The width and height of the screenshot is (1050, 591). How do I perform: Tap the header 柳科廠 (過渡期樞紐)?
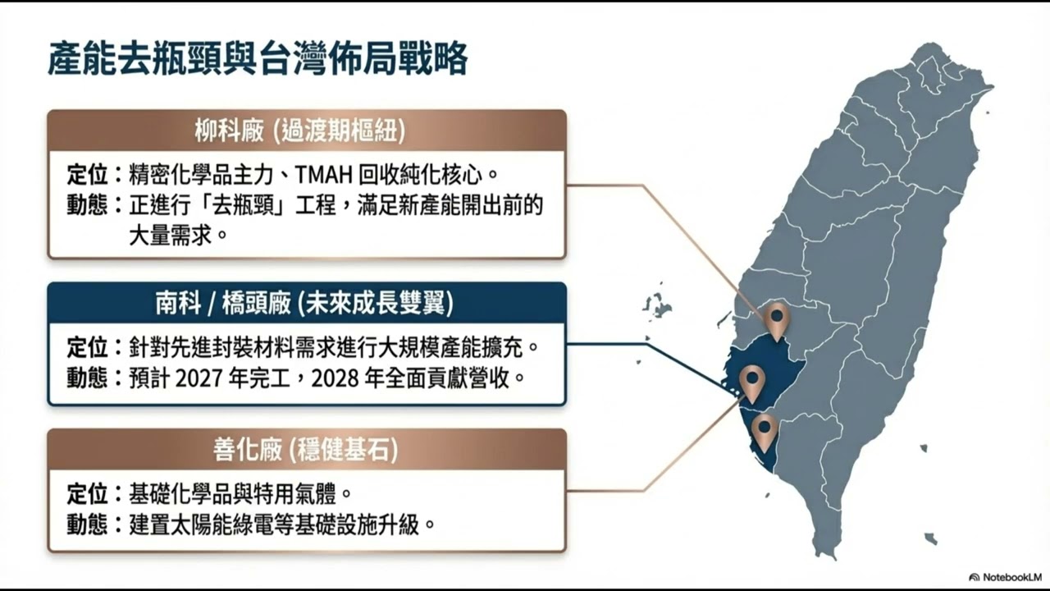(306, 131)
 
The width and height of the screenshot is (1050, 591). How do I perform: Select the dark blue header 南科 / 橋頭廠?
(306, 304)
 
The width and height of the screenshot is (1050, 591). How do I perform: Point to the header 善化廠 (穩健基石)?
(306, 449)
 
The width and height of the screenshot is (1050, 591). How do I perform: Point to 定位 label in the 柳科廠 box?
(87, 175)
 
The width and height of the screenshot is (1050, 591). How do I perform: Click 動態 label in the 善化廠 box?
(87, 525)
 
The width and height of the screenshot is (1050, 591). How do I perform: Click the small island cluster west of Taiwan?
(657, 305)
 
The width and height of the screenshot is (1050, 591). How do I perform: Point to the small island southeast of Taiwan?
(930, 538)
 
